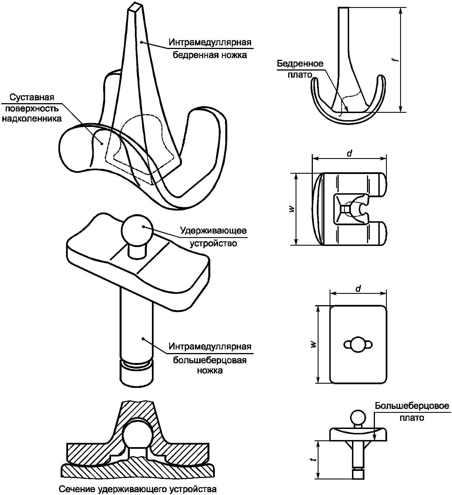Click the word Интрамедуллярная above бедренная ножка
click(x=210, y=42)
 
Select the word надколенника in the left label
click(x=31, y=118)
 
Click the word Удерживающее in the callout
click(x=213, y=231)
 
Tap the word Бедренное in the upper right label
click(x=300, y=63)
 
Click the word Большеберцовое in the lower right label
click(x=412, y=406)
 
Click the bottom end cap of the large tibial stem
click(x=137, y=375)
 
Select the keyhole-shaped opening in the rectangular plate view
click(x=358, y=345)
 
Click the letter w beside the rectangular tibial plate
click(x=313, y=344)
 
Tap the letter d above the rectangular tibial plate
click(x=358, y=288)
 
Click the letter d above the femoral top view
click(x=349, y=153)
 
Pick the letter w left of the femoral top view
click(x=292, y=209)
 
